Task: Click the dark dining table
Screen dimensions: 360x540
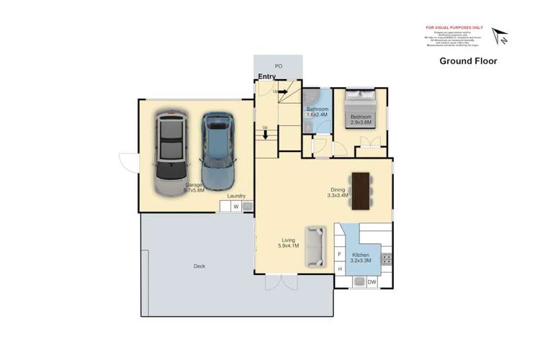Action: tap(360, 189)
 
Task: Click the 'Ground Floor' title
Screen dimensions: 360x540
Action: tap(468, 61)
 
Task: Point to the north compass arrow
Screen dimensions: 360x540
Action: tap(499, 36)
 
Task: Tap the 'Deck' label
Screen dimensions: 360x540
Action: tap(199, 266)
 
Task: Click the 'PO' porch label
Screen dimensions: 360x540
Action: tap(278, 66)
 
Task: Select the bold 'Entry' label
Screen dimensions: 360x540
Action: tap(266, 76)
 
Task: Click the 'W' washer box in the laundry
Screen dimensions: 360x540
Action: tap(235, 207)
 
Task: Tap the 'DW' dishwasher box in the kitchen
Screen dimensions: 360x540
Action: tap(372, 282)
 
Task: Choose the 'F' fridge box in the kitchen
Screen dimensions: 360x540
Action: tap(340, 254)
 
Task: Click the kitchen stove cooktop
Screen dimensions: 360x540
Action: tap(387, 257)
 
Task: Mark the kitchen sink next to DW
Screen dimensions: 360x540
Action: tap(357, 282)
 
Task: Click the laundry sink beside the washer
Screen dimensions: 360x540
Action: tap(247, 207)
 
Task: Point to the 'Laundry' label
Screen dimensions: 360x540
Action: tap(236, 196)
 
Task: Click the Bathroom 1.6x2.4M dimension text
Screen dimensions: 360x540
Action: tap(317, 114)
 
